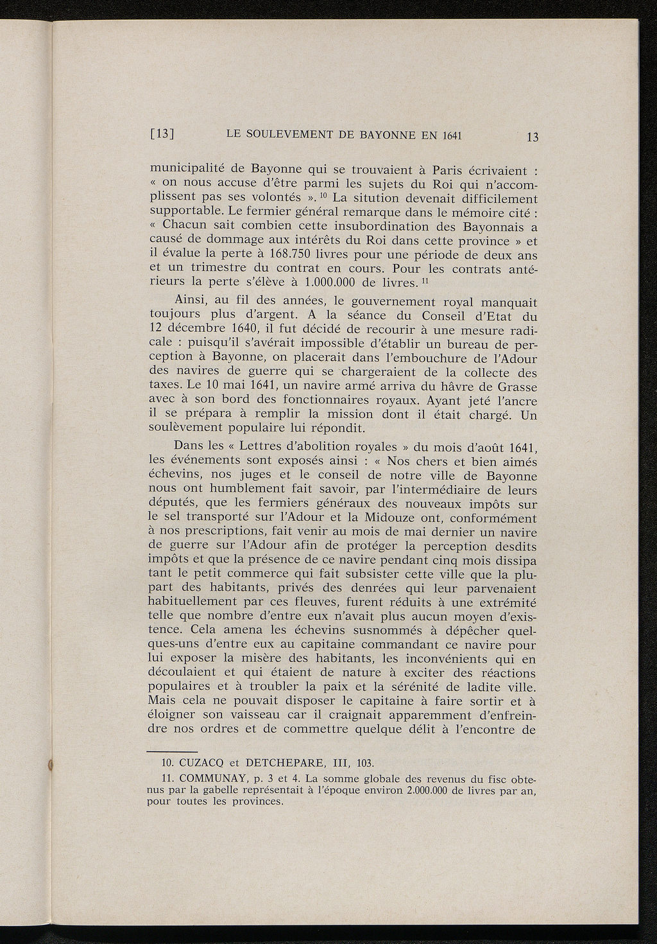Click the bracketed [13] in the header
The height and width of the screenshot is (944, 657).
tap(162, 135)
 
